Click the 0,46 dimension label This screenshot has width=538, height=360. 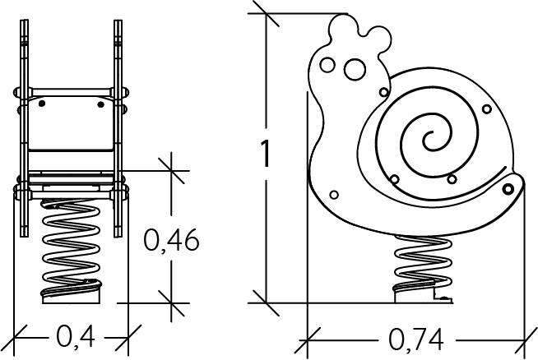tap(171, 240)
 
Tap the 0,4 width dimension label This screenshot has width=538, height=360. tap(76, 336)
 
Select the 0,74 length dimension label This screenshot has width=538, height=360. tap(416, 339)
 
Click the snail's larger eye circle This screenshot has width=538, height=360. tap(355, 69)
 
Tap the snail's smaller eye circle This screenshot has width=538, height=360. tap(327, 65)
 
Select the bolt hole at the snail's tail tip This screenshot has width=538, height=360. tap(508, 188)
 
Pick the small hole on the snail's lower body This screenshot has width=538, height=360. tap(334, 195)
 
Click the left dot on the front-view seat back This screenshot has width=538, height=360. tap(42, 104)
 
